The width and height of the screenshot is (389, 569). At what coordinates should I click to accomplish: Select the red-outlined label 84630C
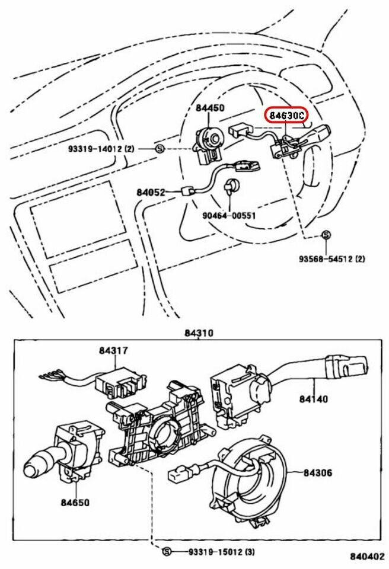pyautogui.click(x=286, y=114)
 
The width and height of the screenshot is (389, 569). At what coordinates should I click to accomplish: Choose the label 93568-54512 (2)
pyautogui.click(x=332, y=258)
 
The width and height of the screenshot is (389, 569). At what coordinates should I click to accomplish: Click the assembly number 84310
pyautogui.click(x=199, y=333)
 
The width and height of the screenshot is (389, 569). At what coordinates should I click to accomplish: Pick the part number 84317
pyautogui.click(x=113, y=351)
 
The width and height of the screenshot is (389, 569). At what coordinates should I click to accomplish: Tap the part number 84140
pyautogui.click(x=313, y=399)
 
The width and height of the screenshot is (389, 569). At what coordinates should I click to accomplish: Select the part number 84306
pyautogui.click(x=318, y=472)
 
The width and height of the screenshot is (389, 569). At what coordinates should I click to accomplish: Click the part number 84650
pyautogui.click(x=75, y=503)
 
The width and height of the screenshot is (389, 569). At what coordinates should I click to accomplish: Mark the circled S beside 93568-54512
pyautogui.click(x=326, y=235)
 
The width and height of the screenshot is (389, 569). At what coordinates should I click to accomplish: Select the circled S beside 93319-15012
pyautogui.click(x=167, y=552)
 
